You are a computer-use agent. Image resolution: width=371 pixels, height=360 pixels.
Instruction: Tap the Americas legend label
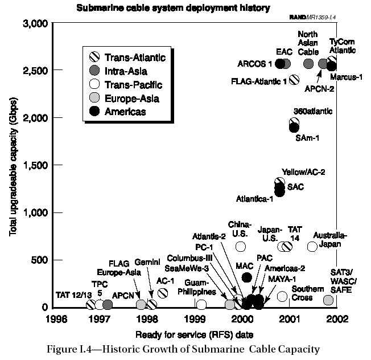coord(125,112)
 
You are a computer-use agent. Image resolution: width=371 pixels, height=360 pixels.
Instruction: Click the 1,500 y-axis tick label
coord(35,165)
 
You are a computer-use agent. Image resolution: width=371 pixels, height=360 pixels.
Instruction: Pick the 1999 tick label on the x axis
coord(195,318)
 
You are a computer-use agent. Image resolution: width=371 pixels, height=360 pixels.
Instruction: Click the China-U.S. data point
coord(241,246)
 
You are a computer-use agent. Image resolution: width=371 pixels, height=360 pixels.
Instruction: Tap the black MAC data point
coord(246,277)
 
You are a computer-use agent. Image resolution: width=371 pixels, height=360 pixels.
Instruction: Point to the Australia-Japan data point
coord(312,246)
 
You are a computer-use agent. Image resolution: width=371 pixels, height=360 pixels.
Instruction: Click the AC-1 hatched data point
coord(163,293)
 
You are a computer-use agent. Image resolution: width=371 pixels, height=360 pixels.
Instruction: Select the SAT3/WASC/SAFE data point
coord(328,300)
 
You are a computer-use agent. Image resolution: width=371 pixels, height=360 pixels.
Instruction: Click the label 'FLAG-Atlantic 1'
coord(259,81)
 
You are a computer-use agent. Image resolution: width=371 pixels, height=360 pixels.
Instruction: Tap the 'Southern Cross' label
coord(308,293)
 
